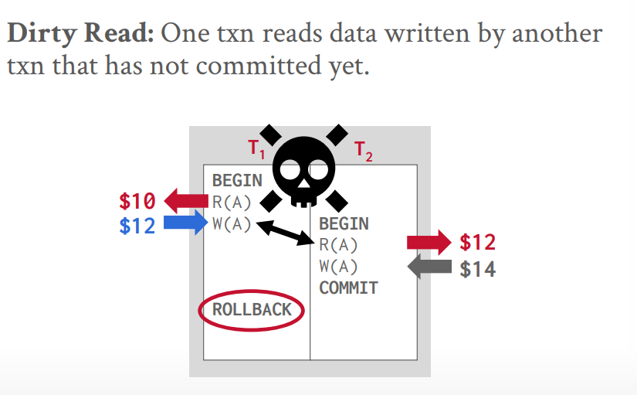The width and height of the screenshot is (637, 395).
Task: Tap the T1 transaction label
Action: (256, 148)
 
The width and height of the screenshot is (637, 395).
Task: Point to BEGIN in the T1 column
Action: (237, 182)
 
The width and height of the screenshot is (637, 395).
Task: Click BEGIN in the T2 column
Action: (344, 224)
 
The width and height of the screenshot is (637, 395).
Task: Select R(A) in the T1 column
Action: (232, 203)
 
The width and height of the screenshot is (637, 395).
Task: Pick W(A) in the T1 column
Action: (232, 225)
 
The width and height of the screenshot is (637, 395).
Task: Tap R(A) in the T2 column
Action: (338, 245)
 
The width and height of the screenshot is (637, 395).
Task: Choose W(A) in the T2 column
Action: (338, 267)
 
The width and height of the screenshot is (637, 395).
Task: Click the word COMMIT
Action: (348, 288)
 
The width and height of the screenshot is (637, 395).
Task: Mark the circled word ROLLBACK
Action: (252, 310)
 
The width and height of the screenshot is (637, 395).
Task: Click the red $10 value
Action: (137, 203)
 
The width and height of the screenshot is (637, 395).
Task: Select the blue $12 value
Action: (137, 225)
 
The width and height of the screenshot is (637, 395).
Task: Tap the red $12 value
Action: (477, 243)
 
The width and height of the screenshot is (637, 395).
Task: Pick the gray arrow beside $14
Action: (429, 268)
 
